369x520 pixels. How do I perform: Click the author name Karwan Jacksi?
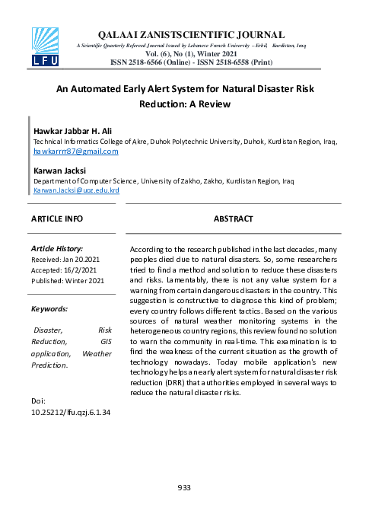61,171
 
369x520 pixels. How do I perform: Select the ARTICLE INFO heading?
57,219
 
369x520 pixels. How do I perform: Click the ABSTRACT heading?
233,219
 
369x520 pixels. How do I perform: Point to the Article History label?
56,249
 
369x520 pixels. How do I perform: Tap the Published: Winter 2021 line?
67,280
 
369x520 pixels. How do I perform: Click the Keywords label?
49,309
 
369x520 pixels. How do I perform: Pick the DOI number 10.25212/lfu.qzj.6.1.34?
71,412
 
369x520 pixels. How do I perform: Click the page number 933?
184,487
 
